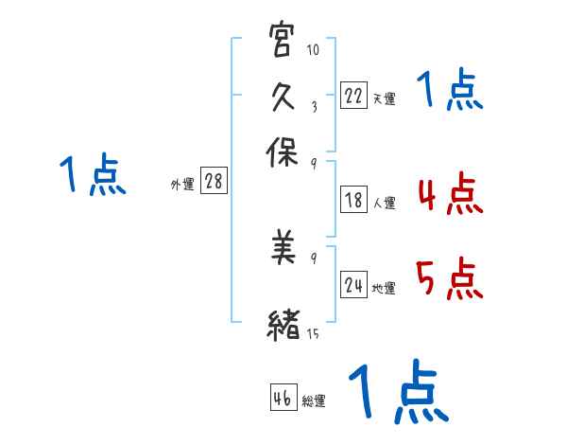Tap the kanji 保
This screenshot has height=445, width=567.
click(283, 151)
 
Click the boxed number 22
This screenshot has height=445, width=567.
click(352, 96)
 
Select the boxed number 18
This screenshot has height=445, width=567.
click(352, 200)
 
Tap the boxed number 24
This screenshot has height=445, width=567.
click(353, 285)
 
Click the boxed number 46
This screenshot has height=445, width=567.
click(282, 398)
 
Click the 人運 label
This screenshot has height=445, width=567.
click(384, 202)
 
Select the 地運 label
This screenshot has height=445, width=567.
click(384, 288)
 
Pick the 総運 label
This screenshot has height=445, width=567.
click(313, 400)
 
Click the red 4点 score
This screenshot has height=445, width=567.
click(448, 195)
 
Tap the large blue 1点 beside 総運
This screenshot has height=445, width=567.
click(397, 391)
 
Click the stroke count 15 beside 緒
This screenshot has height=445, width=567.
click(313, 334)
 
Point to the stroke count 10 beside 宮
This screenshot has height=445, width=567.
click(313, 49)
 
